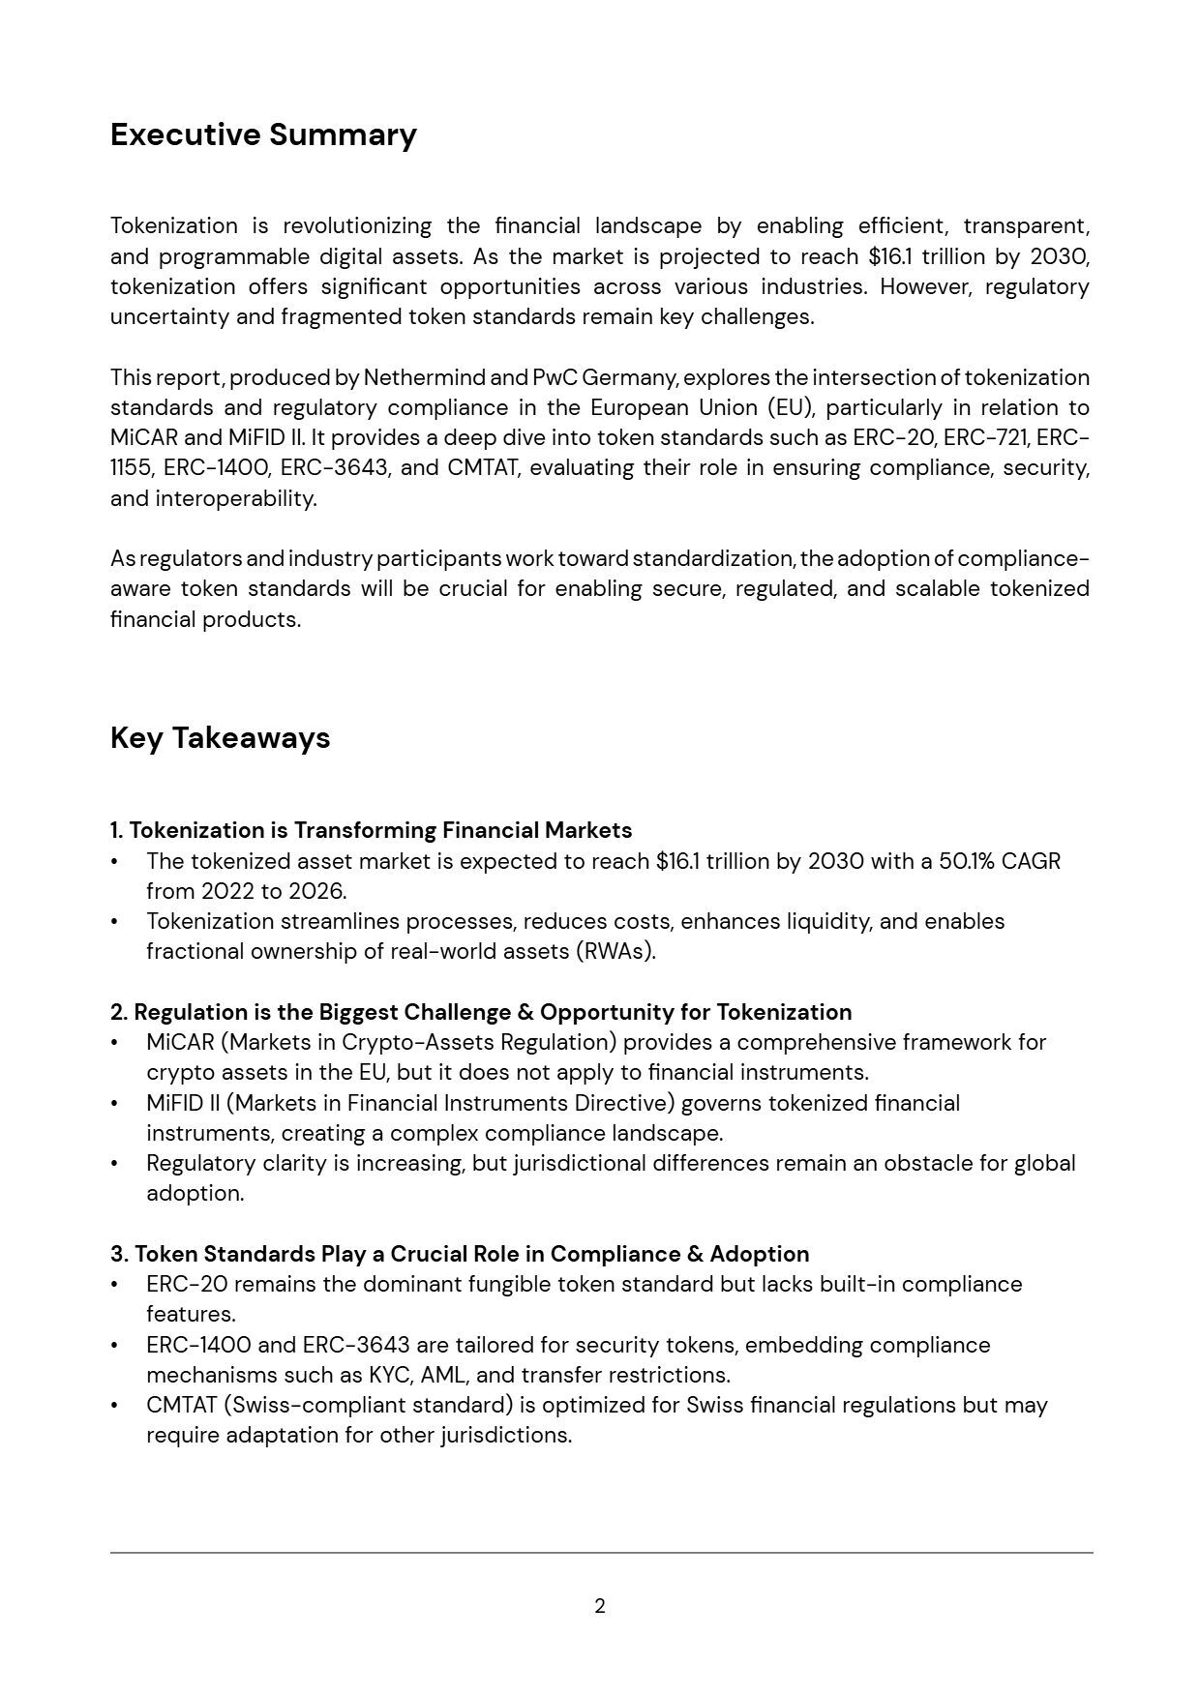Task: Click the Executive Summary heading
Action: [x=263, y=134]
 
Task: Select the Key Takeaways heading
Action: [x=220, y=738]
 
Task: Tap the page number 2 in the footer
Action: [x=600, y=1606]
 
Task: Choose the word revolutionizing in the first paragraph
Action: [x=357, y=226]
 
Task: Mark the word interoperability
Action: [x=235, y=498]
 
